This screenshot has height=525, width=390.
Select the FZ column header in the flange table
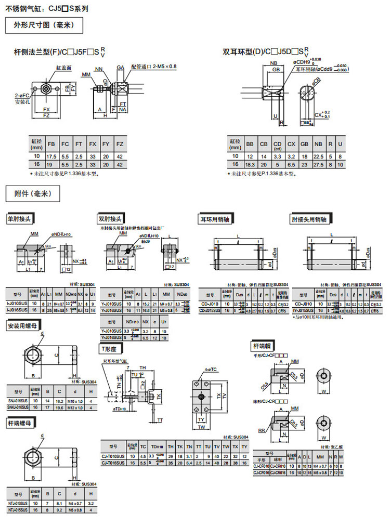point(119,144)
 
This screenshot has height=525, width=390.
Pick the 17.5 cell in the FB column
point(51,156)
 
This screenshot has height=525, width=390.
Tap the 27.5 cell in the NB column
point(319,164)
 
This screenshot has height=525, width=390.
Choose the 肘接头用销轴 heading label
point(309,219)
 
